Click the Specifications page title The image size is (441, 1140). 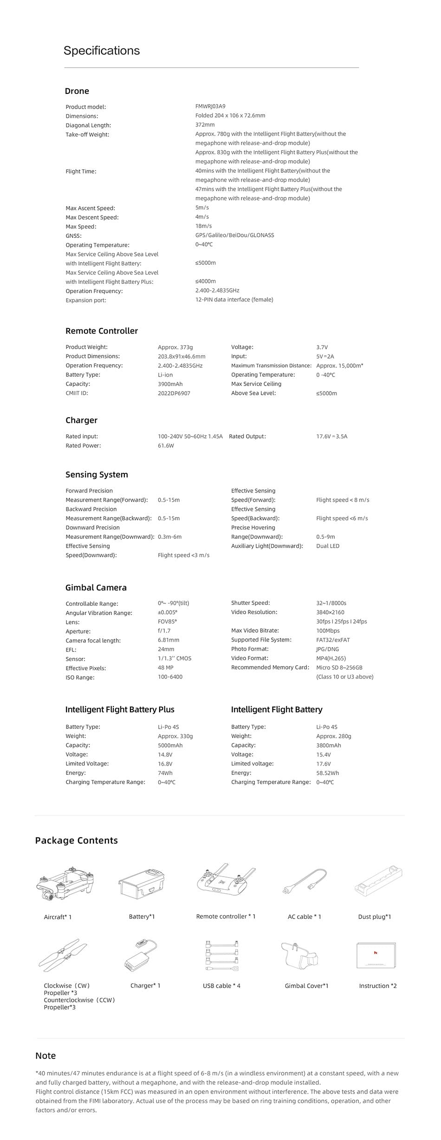pyautogui.click(x=102, y=51)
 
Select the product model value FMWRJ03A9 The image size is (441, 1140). pyautogui.click(x=210, y=106)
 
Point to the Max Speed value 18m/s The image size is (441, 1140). pyautogui.click(x=203, y=226)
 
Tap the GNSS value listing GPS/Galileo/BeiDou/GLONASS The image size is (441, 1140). pyautogui.click(x=234, y=235)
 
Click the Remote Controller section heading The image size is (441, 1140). pyautogui.click(x=102, y=331)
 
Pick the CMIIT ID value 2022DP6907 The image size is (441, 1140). pyautogui.click(x=174, y=393)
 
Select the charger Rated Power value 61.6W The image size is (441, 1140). pyautogui.click(x=166, y=446)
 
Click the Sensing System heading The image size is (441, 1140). pyautogui.click(x=97, y=474)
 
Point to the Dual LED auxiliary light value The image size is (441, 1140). pyautogui.click(x=328, y=546)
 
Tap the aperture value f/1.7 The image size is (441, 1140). pyautogui.click(x=164, y=631)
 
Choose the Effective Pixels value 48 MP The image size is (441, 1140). pyautogui.click(x=165, y=668)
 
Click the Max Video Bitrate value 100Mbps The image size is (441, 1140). pyautogui.click(x=328, y=631)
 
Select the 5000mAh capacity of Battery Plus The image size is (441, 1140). pyautogui.click(x=170, y=745)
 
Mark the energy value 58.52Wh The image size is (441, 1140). pyautogui.click(x=328, y=773)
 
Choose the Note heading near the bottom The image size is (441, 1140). pyautogui.click(x=45, y=1055)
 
